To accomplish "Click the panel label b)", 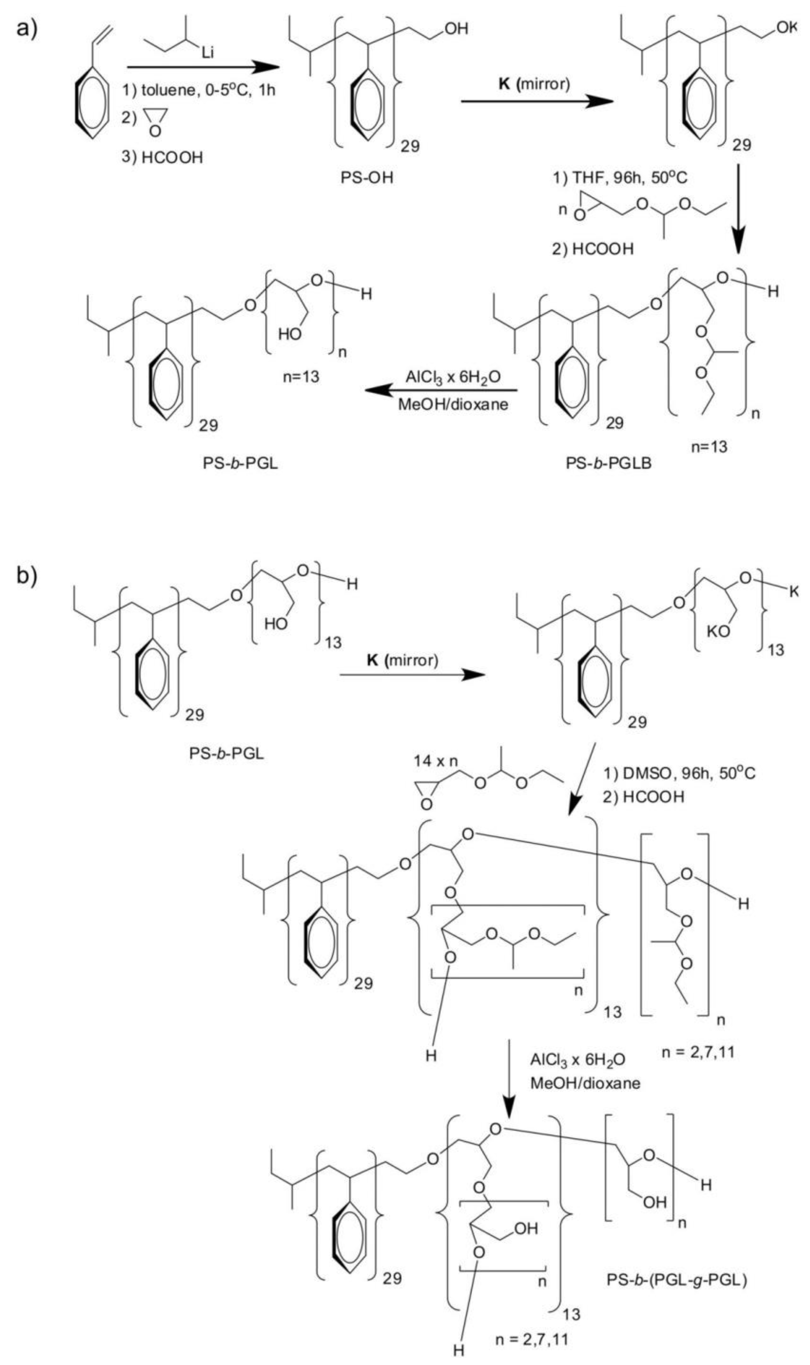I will [26, 576].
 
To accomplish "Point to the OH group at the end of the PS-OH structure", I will [456, 28].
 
